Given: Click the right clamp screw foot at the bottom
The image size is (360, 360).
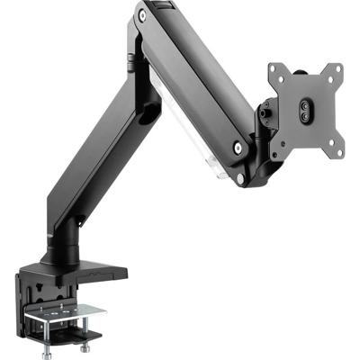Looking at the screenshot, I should [x=86, y=344].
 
